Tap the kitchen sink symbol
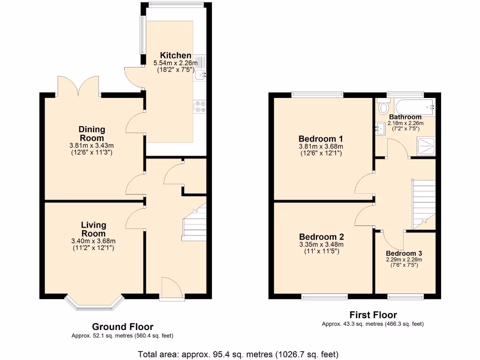[x=201, y=74]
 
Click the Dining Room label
[x=92, y=134]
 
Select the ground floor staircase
[x=194, y=225]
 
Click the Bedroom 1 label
[x=321, y=139]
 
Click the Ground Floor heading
[x=122, y=327]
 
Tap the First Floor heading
[x=373, y=315]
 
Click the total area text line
[x=238, y=354]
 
